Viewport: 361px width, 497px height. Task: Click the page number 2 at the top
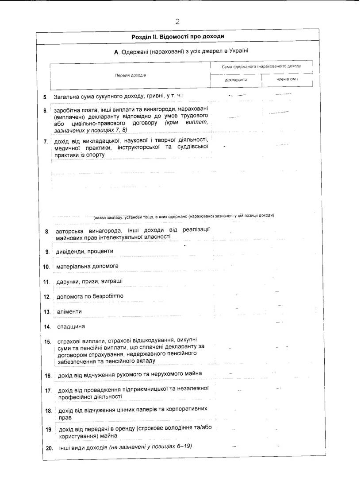[177, 21]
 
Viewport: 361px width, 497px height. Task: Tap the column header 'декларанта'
[236, 80]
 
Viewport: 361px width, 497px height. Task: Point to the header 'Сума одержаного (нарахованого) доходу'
[261, 66]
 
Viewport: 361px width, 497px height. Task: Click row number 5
[45, 97]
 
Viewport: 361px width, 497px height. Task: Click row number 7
[45, 142]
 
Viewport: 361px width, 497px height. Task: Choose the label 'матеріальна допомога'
[88, 266]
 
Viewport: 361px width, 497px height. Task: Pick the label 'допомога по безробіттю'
[90, 296]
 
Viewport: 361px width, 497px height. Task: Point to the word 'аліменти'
[69, 311]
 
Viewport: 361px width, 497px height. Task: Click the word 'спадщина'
[71, 326]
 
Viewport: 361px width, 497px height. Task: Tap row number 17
[48, 391]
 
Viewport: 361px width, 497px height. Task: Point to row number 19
[49, 430]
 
